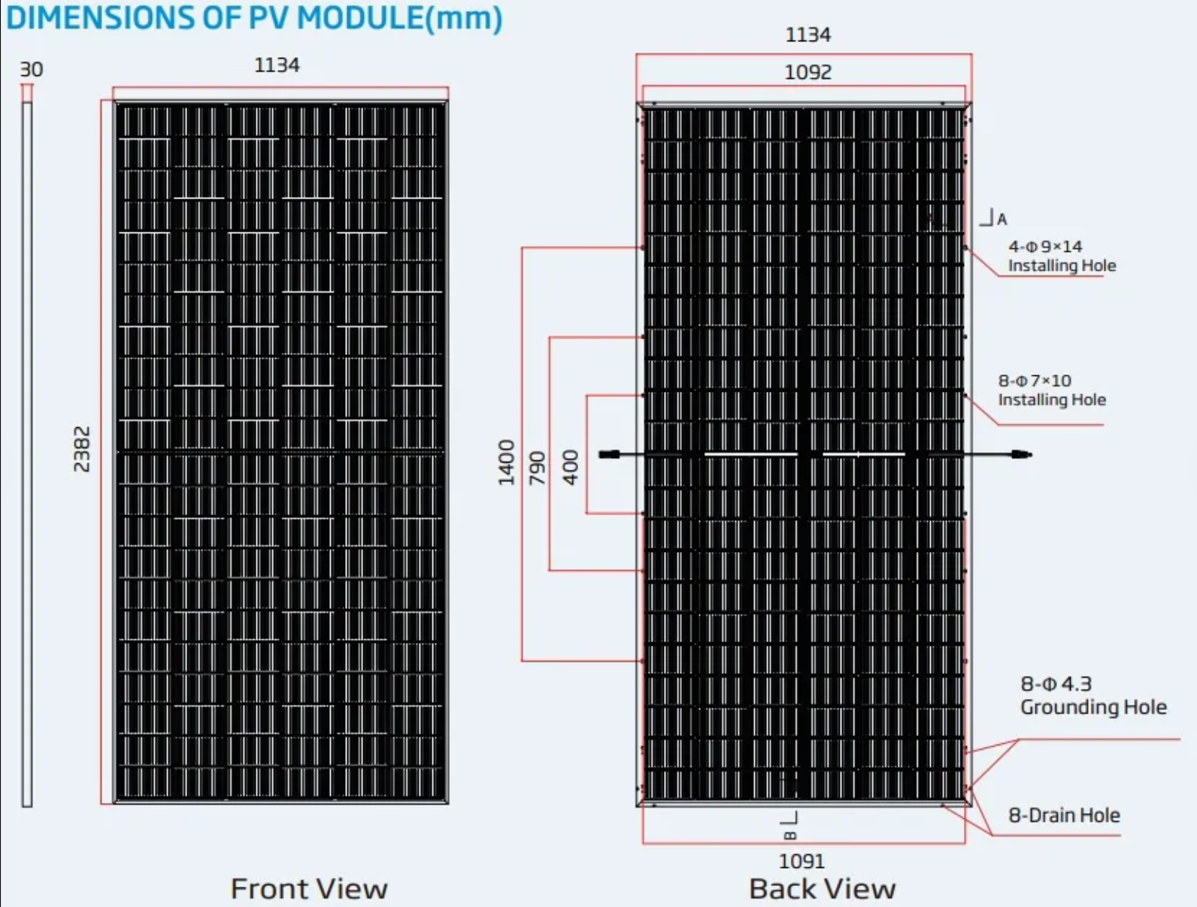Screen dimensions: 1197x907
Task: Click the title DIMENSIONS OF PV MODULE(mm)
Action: click(254, 18)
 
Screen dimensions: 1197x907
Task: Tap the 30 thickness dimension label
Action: click(32, 69)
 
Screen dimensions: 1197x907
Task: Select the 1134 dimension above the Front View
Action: click(277, 65)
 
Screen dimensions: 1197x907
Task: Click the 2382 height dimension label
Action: click(82, 449)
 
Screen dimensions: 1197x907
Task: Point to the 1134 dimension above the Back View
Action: click(808, 35)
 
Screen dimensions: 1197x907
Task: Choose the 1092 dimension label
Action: click(808, 72)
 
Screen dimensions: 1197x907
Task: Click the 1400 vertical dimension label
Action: click(507, 463)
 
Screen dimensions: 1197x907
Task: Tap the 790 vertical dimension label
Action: click(537, 468)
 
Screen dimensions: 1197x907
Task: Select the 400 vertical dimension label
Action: click(571, 467)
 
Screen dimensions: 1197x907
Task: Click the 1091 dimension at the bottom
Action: click(802, 861)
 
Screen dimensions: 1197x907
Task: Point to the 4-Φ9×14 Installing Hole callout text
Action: click(1062, 256)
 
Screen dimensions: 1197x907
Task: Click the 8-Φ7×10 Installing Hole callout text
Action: click(1052, 390)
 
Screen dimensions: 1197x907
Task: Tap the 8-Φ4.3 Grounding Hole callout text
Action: click(1093, 695)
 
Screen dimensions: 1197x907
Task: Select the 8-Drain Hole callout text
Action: click(1064, 815)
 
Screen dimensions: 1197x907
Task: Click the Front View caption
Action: click(309, 889)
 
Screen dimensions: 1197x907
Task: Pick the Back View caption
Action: click(823, 889)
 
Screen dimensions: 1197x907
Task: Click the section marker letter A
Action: click(1002, 219)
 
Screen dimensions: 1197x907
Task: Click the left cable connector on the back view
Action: click(609, 454)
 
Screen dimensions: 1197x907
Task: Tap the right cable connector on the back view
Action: click(1021, 454)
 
